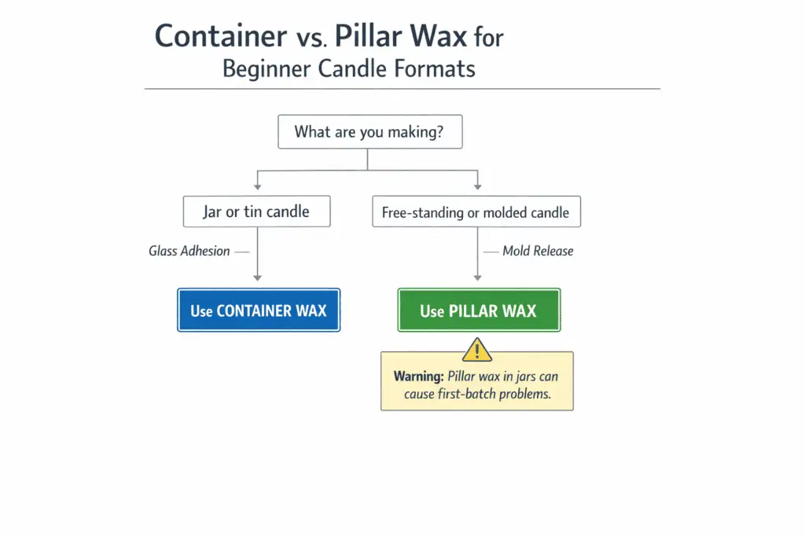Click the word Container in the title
tap(221, 36)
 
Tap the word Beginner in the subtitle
tap(266, 68)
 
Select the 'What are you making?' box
tap(369, 132)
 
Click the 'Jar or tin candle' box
tap(256, 211)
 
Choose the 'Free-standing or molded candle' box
tap(476, 211)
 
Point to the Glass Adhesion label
tap(189, 252)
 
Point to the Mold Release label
tap(538, 252)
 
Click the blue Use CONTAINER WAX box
tap(259, 310)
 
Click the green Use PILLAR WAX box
tap(478, 310)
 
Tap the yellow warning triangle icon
tap(477, 349)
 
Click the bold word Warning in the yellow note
tap(419, 377)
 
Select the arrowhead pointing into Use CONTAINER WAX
tap(257, 277)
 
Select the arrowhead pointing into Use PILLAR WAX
tap(477, 277)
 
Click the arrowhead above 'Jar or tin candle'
tap(257, 186)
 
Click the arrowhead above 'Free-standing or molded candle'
tap(477, 186)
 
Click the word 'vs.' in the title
tap(311, 38)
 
